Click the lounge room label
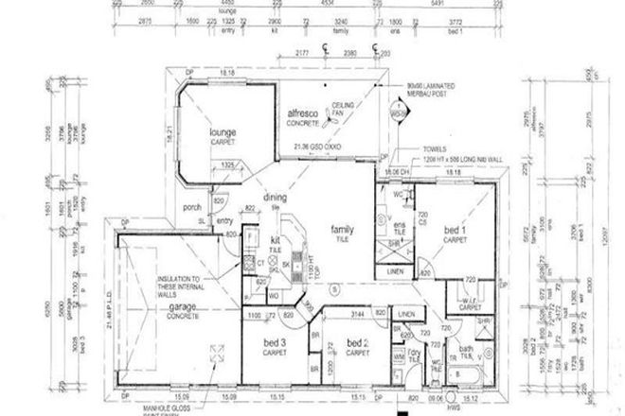click(223, 134)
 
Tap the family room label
click(342, 229)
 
